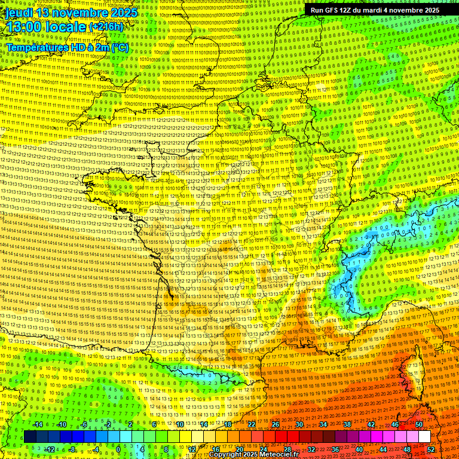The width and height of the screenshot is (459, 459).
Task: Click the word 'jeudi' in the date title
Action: (x=19, y=13)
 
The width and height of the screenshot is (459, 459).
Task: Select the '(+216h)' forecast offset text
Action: (x=106, y=27)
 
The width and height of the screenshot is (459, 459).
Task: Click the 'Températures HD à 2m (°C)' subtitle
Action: (x=67, y=47)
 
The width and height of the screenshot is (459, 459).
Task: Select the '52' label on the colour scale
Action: (x=431, y=449)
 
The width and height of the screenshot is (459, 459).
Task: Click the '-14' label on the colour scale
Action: (x=37, y=424)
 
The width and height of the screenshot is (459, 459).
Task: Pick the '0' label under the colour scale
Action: (x=119, y=449)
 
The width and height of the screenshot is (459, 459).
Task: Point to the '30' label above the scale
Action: (x=299, y=424)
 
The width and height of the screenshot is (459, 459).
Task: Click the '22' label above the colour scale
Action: (x=251, y=424)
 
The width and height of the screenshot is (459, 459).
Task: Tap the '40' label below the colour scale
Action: (x=359, y=449)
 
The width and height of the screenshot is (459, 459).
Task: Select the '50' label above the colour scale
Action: (x=418, y=424)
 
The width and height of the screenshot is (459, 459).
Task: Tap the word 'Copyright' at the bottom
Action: (x=225, y=455)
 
